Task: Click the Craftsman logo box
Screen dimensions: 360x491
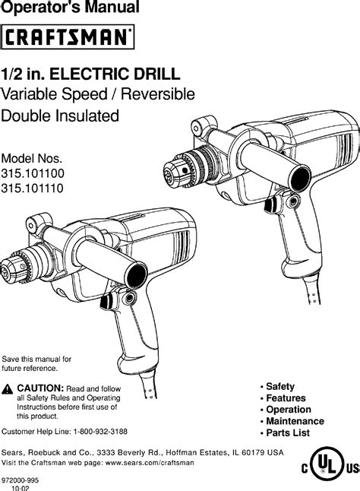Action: [68, 36]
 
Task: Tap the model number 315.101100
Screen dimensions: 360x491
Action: [33, 173]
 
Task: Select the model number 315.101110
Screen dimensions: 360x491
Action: [32, 188]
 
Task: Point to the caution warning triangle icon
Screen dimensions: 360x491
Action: [7, 389]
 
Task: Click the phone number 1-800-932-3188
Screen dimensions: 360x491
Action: [100, 432]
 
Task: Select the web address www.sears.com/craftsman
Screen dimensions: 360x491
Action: [150, 463]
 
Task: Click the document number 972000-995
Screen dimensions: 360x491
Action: [20, 480]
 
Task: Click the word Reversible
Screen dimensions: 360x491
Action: [158, 94]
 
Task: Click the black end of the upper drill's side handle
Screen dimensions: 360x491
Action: [300, 179]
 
